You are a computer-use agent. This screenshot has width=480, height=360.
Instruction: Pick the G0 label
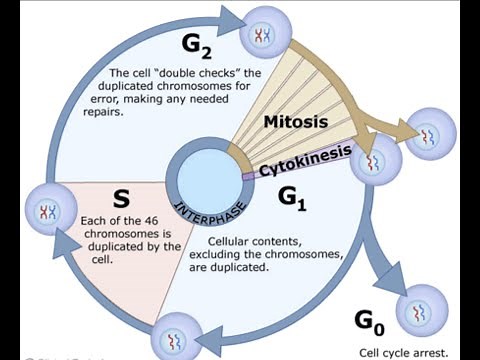(370, 320)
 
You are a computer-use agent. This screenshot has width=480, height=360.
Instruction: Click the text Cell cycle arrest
(404, 352)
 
